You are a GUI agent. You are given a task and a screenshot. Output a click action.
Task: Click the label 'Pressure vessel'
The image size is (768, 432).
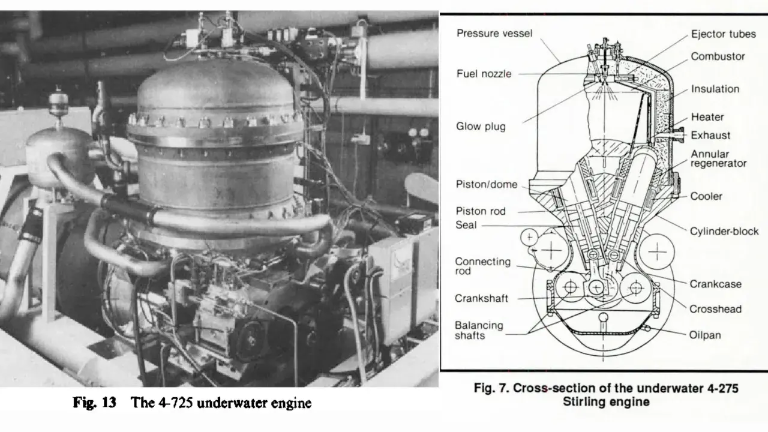(494, 33)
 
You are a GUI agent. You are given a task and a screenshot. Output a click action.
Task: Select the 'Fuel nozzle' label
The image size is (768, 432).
(484, 74)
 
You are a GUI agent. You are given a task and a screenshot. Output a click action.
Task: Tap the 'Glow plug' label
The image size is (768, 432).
(481, 127)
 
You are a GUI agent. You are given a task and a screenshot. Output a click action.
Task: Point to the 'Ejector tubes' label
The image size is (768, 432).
(724, 34)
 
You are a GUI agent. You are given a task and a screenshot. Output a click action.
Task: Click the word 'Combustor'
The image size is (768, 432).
(718, 56)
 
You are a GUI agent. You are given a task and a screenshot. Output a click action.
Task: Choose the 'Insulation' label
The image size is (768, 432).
(715, 89)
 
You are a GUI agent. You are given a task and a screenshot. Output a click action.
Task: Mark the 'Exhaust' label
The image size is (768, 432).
(710, 136)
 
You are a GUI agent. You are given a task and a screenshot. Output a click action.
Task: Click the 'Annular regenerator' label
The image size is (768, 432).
(718, 158)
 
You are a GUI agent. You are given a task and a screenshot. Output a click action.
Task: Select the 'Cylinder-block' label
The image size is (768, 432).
(724, 232)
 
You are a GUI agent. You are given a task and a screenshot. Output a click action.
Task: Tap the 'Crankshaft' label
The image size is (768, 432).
(481, 298)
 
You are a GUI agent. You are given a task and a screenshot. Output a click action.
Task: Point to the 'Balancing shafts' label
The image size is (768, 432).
(479, 330)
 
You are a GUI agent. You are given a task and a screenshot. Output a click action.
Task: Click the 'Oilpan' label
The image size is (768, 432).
(705, 335)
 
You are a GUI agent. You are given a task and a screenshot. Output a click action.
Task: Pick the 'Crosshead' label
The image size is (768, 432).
(715, 309)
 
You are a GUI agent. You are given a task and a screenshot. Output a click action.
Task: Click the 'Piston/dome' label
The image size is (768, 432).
(486, 184)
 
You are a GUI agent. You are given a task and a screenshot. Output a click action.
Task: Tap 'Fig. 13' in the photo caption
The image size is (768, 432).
(95, 403)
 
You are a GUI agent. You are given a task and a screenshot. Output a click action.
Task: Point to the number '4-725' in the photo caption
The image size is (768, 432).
(175, 403)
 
